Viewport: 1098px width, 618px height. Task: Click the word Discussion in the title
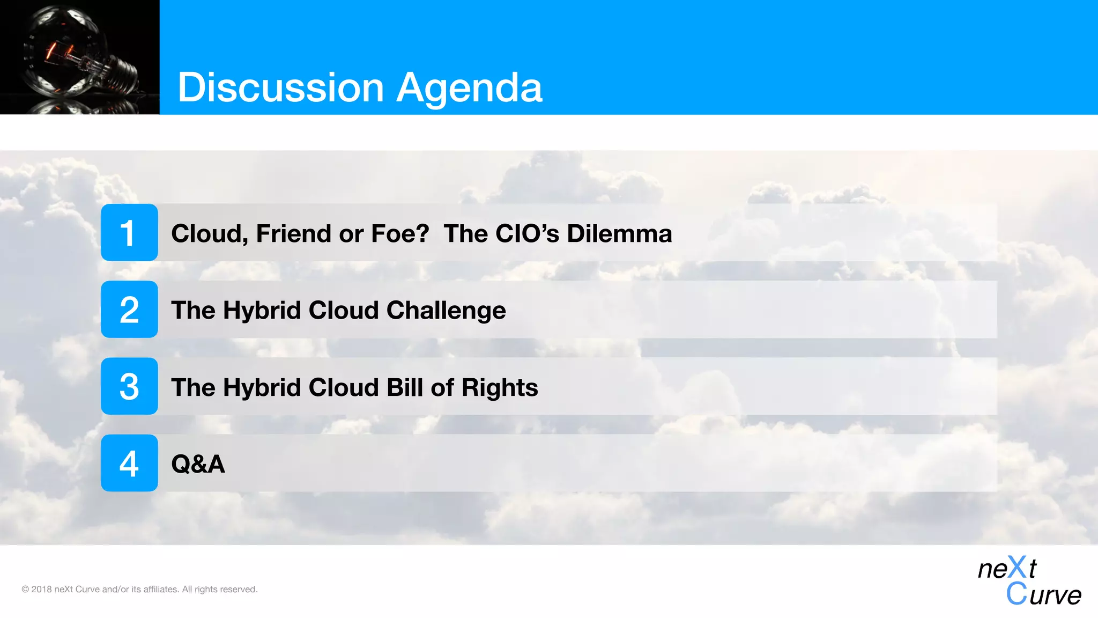(280, 87)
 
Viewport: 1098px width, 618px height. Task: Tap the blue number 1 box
(129, 232)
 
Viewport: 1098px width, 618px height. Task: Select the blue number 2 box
(129, 310)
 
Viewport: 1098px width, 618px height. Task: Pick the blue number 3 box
(129, 386)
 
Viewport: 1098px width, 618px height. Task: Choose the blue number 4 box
(129, 463)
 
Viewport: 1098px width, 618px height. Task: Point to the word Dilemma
(619, 233)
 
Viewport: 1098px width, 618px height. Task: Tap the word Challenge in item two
(446, 310)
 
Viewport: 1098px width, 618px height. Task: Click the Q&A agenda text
(198, 464)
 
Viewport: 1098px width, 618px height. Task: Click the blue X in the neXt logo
(1017, 568)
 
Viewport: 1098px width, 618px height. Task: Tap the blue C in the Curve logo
(1016, 594)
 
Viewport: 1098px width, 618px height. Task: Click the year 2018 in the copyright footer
(41, 589)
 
